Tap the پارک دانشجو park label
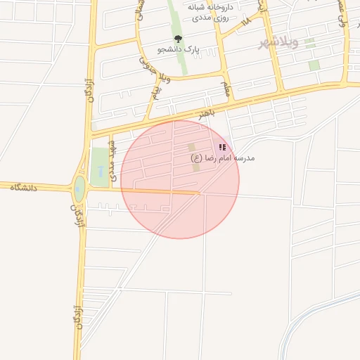click(x=179, y=51)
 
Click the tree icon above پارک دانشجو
click(x=178, y=39)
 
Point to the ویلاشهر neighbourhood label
click(x=278, y=43)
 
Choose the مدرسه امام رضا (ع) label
click(x=223, y=158)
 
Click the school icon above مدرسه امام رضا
click(x=222, y=147)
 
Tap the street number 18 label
click(x=246, y=22)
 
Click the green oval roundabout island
click(x=79, y=188)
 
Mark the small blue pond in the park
click(x=100, y=170)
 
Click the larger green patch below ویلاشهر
click(x=314, y=65)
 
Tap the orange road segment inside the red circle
click(x=162, y=192)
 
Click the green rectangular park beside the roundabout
click(x=100, y=167)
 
